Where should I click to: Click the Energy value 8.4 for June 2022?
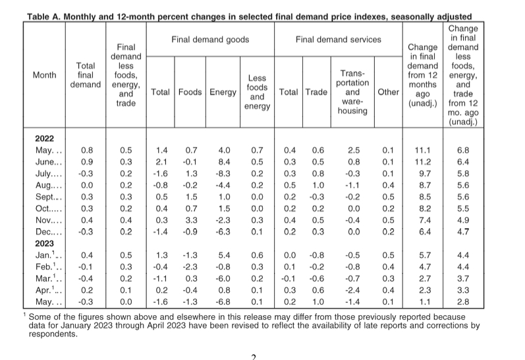point(224,162)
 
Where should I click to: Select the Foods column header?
point(190,92)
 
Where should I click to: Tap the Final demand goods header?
point(210,40)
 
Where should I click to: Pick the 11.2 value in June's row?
point(423,162)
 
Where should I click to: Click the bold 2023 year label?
point(45,243)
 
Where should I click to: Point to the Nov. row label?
point(49,220)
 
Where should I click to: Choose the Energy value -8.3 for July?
point(223,173)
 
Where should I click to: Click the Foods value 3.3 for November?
point(191,220)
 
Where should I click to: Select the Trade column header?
point(316,92)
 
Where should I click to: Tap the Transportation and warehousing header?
point(352,92)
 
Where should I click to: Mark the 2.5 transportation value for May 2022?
point(354,150)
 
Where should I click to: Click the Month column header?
point(45,75)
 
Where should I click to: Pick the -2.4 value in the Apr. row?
point(352,290)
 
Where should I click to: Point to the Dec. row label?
point(49,232)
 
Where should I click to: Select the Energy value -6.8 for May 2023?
point(223,302)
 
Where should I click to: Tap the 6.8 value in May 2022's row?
point(463,150)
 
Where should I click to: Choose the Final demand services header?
point(338,40)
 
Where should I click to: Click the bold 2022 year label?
point(45,138)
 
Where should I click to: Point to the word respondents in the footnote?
point(52,334)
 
